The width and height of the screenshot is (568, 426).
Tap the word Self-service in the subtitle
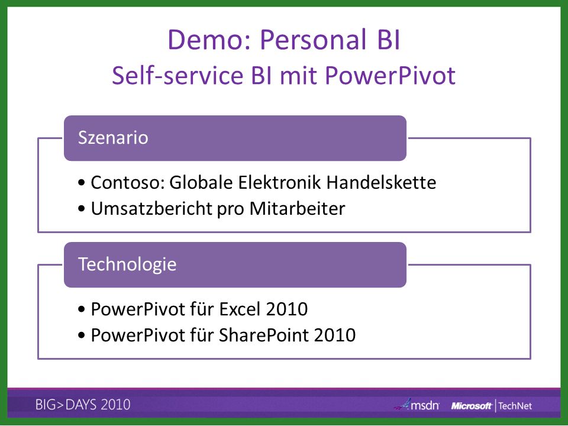click(x=177, y=75)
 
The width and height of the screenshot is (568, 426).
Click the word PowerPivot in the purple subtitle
click(x=390, y=75)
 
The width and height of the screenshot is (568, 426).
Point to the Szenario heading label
click(x=113, y=138)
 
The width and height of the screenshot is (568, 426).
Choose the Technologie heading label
click(x=127, y=264)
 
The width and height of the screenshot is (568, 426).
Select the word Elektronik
click(x=279, y=182)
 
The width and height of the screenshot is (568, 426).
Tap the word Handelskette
click(x=381, y=182)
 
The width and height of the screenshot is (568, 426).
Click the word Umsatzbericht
click(x=151, y=209)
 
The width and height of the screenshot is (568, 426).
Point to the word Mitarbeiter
click(x=297, y=209)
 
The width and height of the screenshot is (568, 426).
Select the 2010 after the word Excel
click(x=286, y=309)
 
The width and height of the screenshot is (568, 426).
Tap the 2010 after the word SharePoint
click(x=335, y=335)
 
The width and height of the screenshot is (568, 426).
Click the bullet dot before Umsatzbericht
click(x=82, y=209)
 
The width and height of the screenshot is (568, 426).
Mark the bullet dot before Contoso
click(x=82, y=183)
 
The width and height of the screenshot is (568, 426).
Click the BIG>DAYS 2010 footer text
click(x=83, y=405)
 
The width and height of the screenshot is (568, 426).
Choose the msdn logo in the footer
click(x=417, y=405)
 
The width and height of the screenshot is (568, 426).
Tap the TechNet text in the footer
click(x=515, y=406)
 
